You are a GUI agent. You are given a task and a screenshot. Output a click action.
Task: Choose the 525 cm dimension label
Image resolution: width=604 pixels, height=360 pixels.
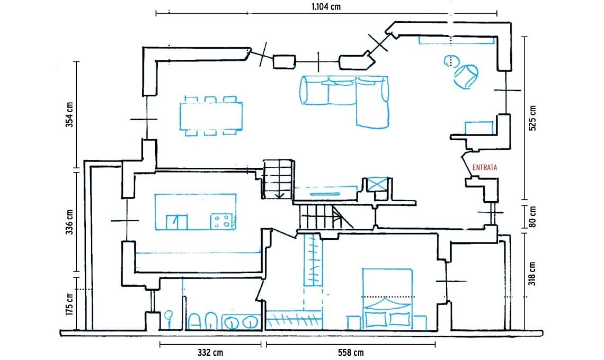(532, 118)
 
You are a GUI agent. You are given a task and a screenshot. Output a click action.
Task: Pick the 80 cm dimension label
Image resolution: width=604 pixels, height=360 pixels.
(532, 217)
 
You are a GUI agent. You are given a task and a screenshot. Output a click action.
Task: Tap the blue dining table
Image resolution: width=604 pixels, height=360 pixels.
(211, 115)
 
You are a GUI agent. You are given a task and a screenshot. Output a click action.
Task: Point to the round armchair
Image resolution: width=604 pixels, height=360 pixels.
(466, 76)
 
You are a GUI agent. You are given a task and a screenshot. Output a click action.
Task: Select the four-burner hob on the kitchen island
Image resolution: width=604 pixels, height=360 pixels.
(223, 221)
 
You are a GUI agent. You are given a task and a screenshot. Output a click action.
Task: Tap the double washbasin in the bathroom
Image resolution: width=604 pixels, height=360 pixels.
(241, 321)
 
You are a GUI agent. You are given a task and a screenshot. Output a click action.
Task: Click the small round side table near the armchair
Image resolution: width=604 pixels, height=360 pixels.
(450, 61)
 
